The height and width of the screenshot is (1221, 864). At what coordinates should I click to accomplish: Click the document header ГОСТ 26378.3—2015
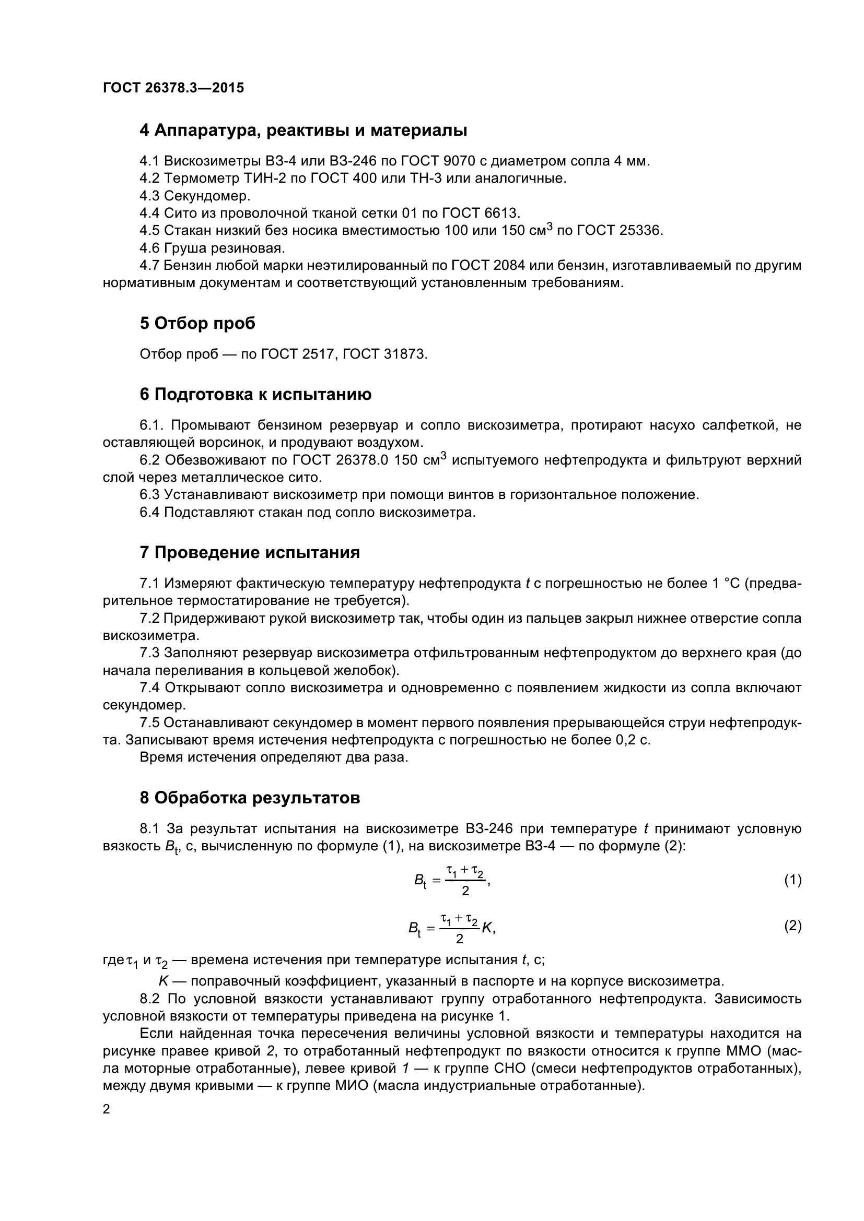tap(173, 88)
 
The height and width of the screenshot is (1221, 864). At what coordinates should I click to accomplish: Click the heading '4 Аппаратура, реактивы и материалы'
tap(303, 131)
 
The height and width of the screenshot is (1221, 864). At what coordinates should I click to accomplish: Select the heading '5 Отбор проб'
tap(197, 323)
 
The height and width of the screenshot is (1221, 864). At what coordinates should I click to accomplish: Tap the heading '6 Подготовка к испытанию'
tap(255, 395)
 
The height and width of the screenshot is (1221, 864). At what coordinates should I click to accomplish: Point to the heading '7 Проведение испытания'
tap(250, 552)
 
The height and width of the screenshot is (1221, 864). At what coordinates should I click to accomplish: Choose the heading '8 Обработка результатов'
tap(250, 798)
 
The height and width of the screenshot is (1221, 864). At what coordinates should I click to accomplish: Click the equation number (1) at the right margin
tap(793, 880)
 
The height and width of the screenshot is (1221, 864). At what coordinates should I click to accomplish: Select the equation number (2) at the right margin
tap(793, 926)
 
